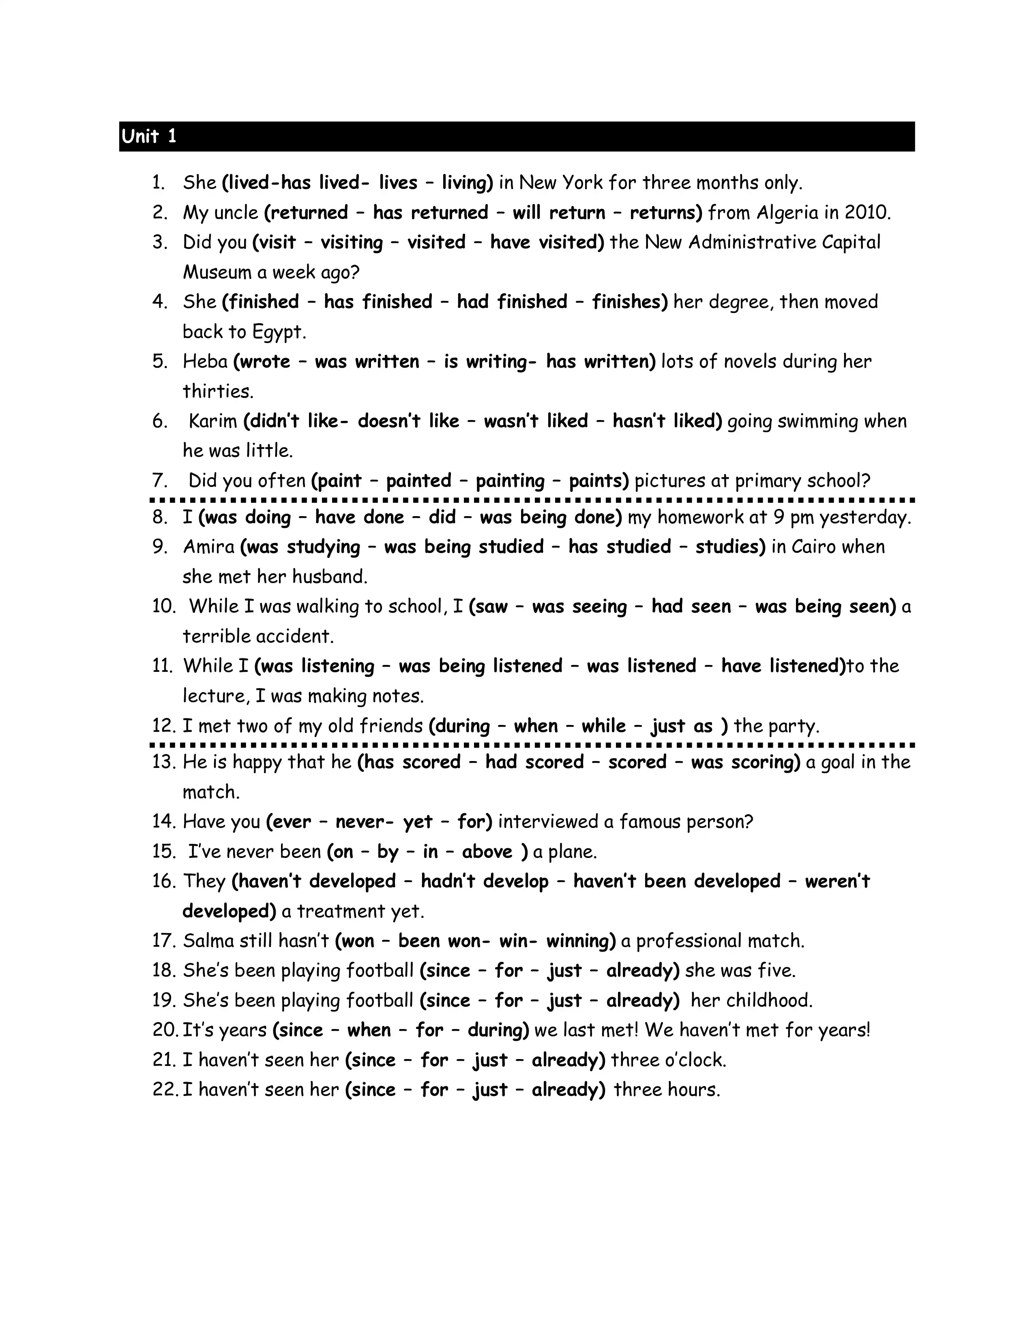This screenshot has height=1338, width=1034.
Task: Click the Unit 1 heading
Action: [149, 136]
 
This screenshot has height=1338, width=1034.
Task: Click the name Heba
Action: [205, 361]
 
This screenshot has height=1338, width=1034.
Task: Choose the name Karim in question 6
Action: [212, 421]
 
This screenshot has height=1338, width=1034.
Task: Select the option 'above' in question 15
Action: [487, 851]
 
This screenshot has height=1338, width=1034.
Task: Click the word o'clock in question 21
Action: [694, 1060]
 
